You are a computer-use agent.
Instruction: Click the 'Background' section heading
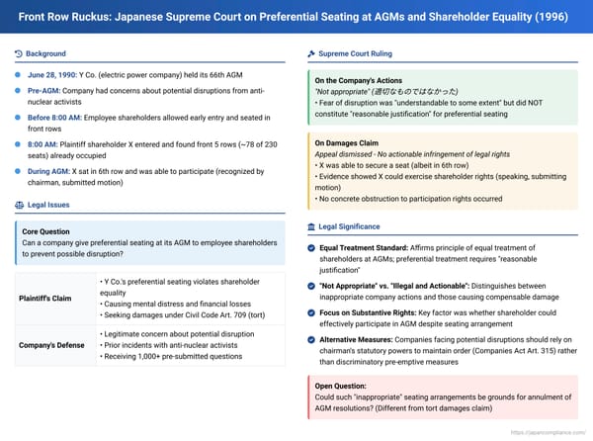point(46,52)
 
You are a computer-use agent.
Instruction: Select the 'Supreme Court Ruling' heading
point(356,52)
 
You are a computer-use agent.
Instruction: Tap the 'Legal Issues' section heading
point(49,205)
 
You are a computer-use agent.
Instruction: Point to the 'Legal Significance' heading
point(355,228)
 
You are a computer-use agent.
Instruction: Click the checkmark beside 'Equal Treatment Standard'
point(312,249)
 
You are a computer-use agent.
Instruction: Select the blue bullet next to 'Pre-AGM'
point(20,91)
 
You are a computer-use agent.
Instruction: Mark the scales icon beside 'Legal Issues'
point(20,205)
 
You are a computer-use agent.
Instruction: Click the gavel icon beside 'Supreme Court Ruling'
point(312,52)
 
